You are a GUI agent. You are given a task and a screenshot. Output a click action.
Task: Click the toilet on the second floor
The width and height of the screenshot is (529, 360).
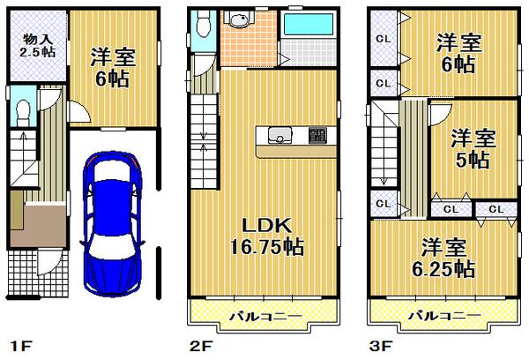pyautogui.click(x=204, y=25)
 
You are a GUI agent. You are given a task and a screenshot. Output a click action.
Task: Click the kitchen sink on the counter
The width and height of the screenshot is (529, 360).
pyautogui.click(x=279, y=136)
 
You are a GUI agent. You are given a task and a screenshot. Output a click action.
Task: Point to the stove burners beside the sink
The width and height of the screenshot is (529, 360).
pyautogui.click(x=317, y=136)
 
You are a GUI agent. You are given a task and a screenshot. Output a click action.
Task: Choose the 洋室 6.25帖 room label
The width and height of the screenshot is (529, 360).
pyautogui.click(x=445, y=257)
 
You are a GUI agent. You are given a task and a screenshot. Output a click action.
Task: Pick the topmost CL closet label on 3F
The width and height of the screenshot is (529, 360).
pyautogui.click(x=384, y=38)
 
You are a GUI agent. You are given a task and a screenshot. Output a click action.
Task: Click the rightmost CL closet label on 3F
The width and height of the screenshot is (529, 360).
pyautogui.click(x=495, y=209)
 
